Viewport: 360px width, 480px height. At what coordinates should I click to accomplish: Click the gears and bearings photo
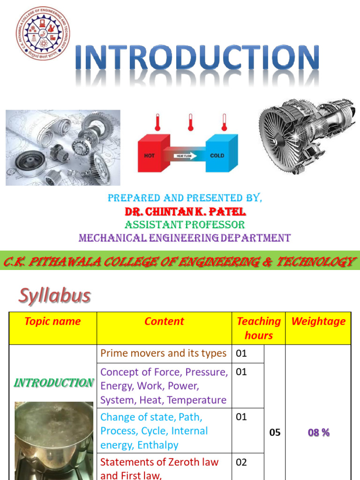pos(63,148)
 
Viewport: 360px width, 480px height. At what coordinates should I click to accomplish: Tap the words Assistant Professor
pos(184,225)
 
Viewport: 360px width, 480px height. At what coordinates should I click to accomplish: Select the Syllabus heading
pos(54,296)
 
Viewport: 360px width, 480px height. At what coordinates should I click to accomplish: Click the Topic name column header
pos(52,322)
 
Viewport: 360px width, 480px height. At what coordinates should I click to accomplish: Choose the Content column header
pos(164,322)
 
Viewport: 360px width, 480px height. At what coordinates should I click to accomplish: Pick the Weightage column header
pos(318,322)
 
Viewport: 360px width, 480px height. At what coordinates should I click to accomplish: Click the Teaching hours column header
pos(258,328)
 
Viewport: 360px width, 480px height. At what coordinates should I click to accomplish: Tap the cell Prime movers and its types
pos(164,353)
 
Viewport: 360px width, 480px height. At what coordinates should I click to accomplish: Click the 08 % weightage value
pos(319,433)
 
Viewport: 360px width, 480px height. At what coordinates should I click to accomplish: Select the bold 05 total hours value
pos(275,433)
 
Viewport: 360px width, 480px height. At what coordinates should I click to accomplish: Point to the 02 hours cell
pos(241,462)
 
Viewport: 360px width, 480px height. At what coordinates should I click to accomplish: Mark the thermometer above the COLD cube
pos(224,122)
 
